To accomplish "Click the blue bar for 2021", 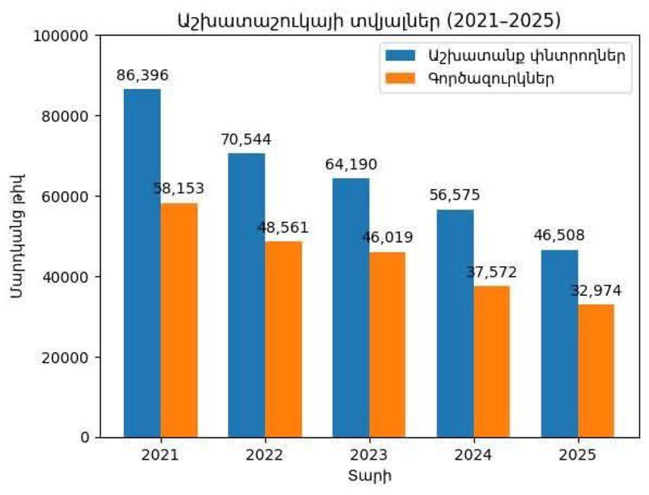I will click(142, 263).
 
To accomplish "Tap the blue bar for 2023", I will click(350, 307).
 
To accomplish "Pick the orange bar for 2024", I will click(492, 361).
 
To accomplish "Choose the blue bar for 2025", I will click(560, 343).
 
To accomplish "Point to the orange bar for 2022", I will click(283, 339).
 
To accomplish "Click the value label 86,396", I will click(141, 74).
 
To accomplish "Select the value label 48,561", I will click(283, 227).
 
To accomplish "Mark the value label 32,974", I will click(596, 291).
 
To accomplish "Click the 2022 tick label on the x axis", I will click(265, 455).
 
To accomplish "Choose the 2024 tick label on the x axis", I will click(474, 455).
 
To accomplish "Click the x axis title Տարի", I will click(369, 476).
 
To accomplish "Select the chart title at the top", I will click(369, 20).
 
